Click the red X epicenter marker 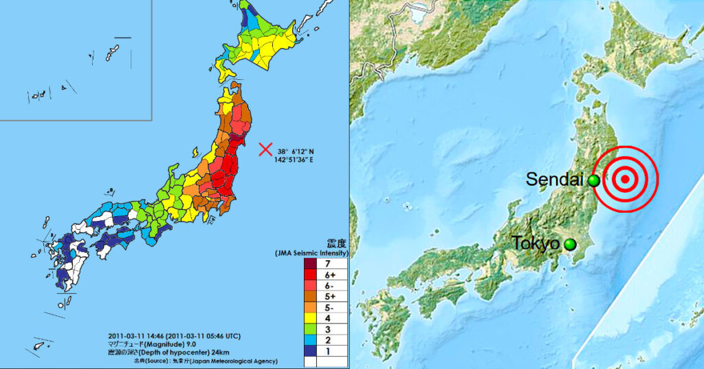[x=265, y=149]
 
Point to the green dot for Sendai [x=593, y=180]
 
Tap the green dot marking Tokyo [x=569, y=244]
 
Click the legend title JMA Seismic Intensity [x=321, y=254]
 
